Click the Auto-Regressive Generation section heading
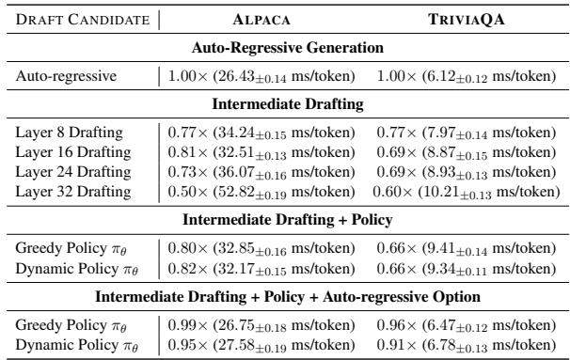click(x=284, y=46)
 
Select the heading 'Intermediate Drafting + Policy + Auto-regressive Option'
click(x=284, y=295)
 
